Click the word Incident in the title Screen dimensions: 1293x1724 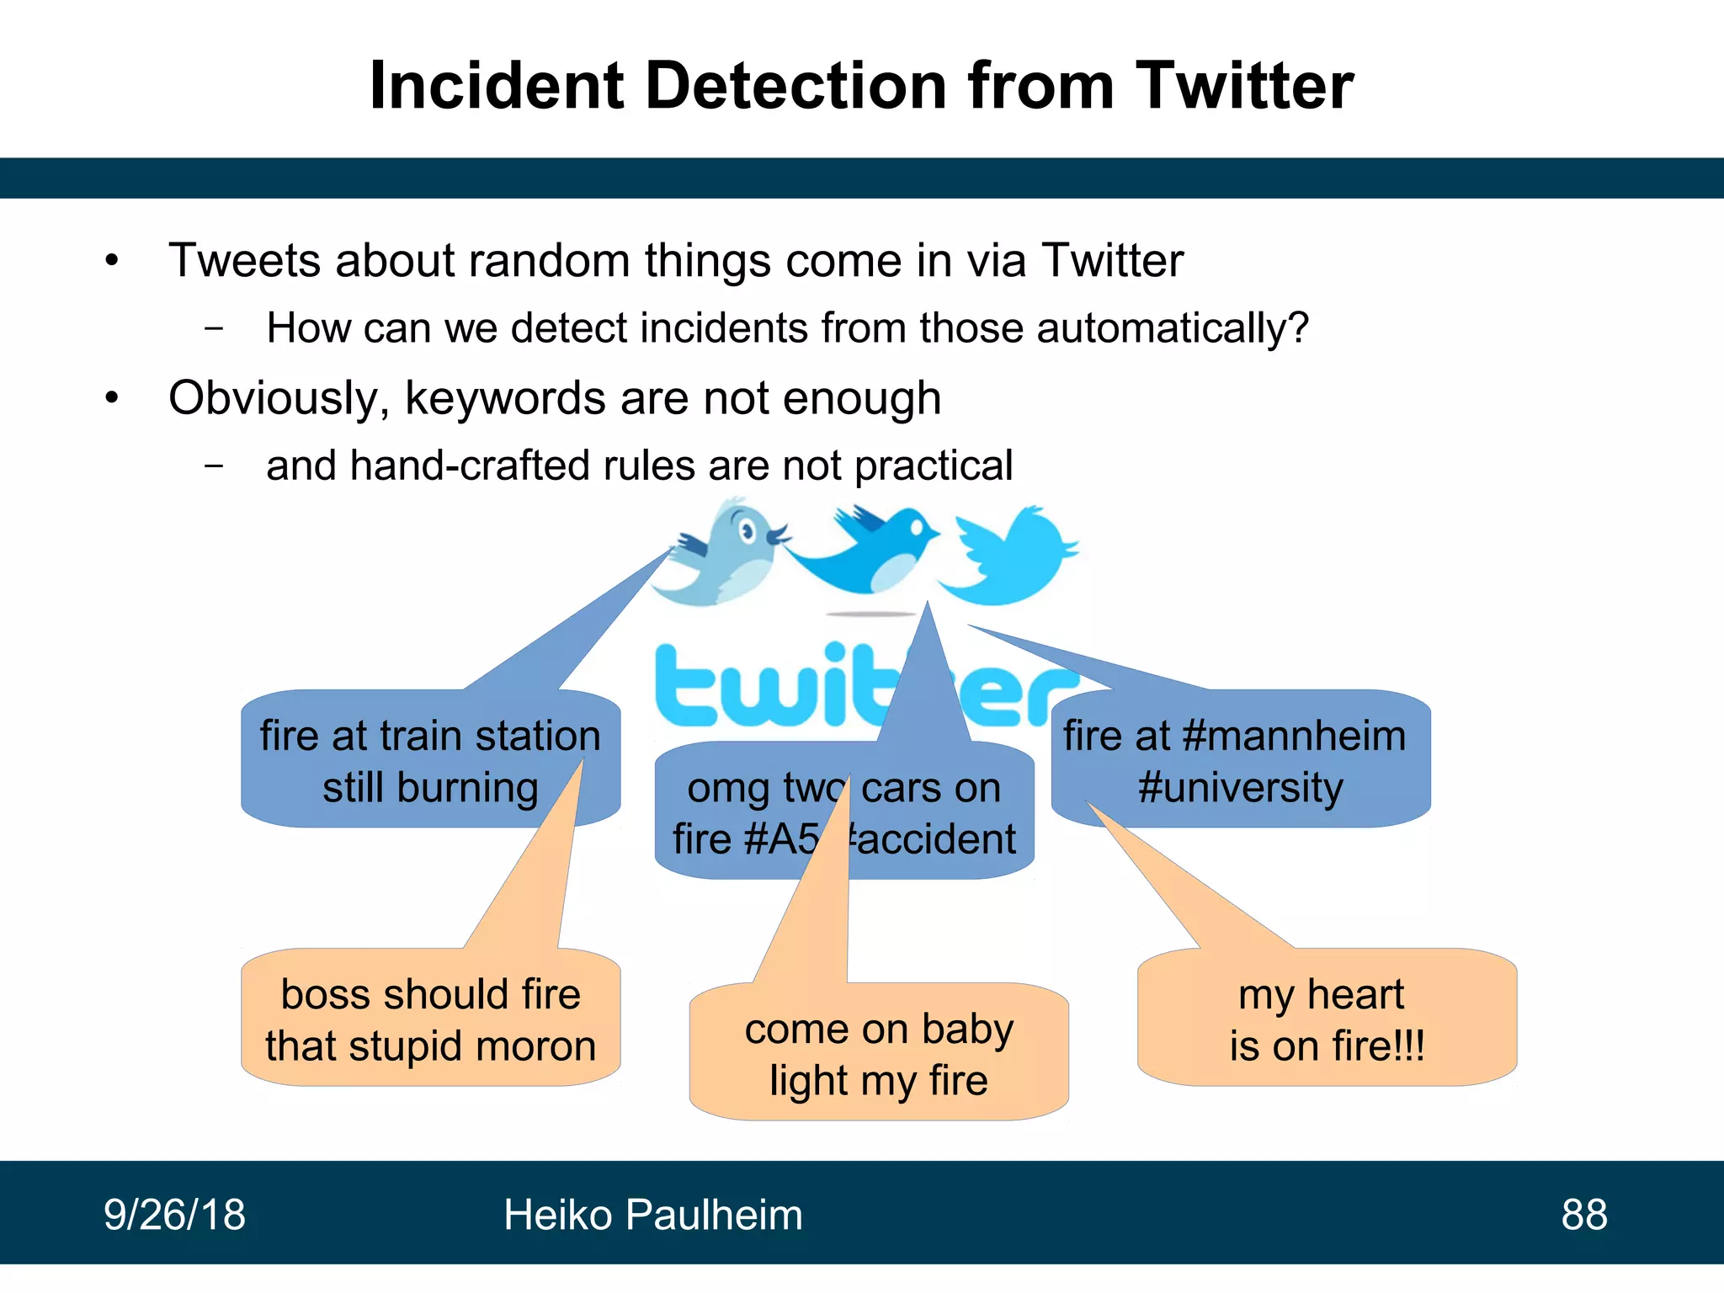497,86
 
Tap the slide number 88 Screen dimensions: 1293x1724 1583,1215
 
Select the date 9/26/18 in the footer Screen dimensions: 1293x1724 174,1215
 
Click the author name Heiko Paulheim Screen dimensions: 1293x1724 652,1215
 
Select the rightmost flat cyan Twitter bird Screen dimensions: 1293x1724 1010,556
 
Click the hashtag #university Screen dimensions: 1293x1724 1240,788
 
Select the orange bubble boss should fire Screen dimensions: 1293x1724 430,1019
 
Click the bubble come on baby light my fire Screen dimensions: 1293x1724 879,1054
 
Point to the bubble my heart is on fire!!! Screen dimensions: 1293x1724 1326,1019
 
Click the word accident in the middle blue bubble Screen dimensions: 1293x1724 936,839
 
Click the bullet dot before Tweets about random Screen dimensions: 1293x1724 112,260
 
